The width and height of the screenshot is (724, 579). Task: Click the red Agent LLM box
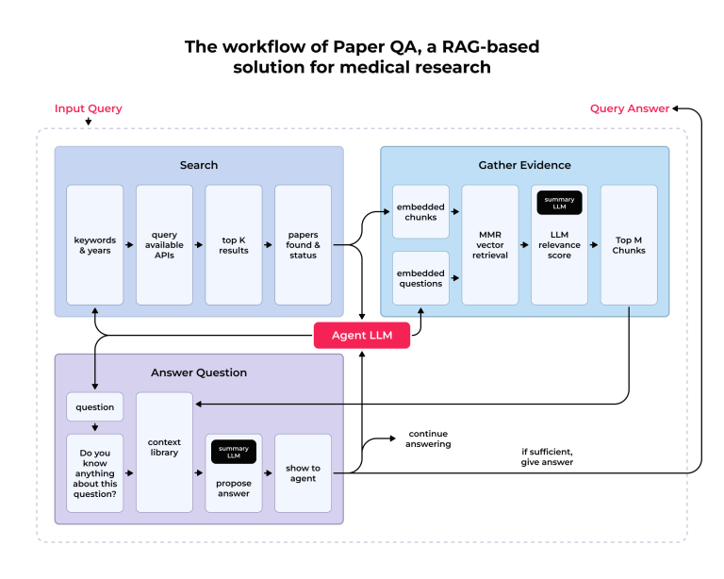[362, 335]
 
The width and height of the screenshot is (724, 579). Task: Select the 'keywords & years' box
[95, 245]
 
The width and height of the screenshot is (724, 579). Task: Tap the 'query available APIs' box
[164, 245]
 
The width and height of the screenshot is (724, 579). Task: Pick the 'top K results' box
[234, 245]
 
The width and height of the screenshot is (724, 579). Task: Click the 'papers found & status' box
[303, 245]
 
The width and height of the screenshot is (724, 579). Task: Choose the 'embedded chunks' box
[420, 211]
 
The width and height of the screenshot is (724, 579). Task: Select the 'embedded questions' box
[420, 278]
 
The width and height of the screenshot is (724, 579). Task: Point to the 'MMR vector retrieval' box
[489, 245]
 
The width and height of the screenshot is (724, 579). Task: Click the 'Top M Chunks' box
[629, 245]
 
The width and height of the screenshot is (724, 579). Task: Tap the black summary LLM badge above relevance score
[559, 203]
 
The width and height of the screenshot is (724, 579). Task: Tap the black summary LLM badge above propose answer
[234, 452]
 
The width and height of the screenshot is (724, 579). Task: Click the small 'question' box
[94, 407]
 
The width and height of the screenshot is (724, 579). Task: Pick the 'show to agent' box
[303, 473]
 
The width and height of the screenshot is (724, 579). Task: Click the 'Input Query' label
[88, 108]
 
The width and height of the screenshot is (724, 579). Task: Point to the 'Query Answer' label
[630, 108]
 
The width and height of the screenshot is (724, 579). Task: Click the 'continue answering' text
[429, 438]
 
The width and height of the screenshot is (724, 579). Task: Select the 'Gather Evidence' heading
[524, 165]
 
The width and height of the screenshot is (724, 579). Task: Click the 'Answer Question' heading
[199, 372]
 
